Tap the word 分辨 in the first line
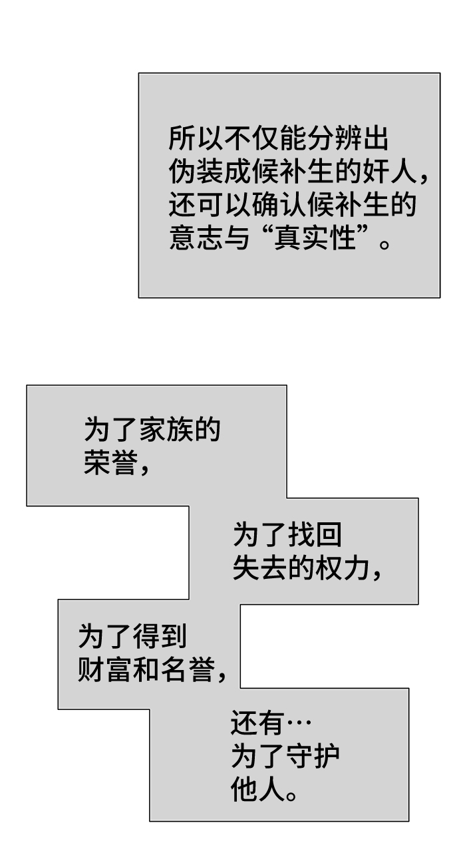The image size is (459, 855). coord(331,140)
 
